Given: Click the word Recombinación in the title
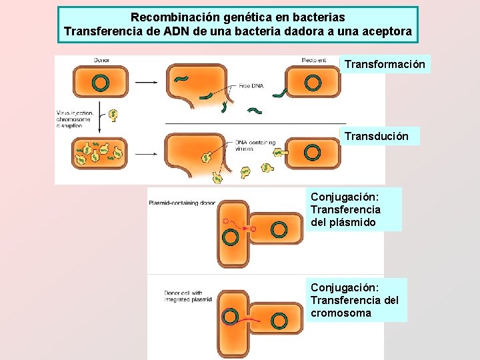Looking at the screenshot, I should coord(172,17).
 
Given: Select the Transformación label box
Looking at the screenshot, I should coord(385,64).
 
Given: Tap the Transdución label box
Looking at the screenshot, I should coord(377,136).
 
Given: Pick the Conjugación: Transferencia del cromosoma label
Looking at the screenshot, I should coord(355,300).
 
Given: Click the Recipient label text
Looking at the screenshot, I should coord(313,60).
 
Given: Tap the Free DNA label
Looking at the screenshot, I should coord(249,85).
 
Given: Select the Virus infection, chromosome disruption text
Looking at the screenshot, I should coord(75,119).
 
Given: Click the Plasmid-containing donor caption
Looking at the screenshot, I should coord(181,203).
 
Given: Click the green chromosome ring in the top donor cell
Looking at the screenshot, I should coord(100,83).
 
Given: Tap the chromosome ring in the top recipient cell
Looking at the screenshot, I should coord(312,83).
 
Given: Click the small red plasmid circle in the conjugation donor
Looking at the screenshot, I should coord(227,221).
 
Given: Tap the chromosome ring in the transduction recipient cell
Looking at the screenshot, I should coord(312,153).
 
